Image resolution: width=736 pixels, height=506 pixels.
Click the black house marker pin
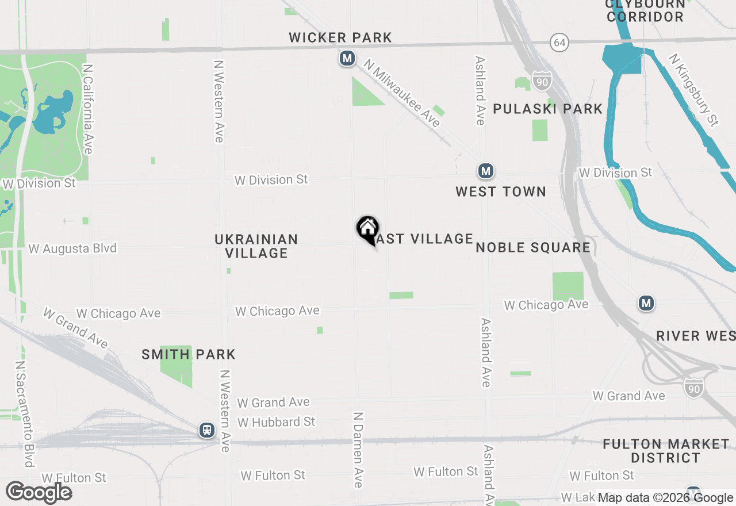[367, 229]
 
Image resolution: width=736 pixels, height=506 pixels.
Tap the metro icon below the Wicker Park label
[347, 58]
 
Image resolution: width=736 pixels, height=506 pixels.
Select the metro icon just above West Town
[486, 171]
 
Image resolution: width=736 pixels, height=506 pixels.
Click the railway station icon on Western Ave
[207, 430]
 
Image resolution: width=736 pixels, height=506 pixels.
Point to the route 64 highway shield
[559, 42]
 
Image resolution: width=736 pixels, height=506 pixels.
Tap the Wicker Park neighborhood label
[340, 38]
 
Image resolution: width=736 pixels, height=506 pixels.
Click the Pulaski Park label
[547, 109]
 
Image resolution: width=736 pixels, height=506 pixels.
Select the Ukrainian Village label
[256, 246]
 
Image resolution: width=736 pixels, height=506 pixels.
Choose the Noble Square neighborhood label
[533, 247]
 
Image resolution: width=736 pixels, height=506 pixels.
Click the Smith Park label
[189, 354]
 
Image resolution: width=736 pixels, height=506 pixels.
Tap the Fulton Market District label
[666, 451]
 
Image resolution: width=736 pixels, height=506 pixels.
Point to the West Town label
[501, 191]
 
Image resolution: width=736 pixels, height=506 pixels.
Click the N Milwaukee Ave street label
[402, 95]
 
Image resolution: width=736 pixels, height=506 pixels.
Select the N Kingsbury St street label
[694, 90]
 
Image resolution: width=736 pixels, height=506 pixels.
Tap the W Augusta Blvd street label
[72, 248]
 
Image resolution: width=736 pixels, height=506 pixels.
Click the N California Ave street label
[87, 109]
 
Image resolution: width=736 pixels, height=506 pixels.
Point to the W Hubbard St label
[276, 422]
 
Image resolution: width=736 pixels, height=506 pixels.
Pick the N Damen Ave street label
[358, 450]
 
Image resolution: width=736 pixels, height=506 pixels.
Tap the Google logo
[39, 492]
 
